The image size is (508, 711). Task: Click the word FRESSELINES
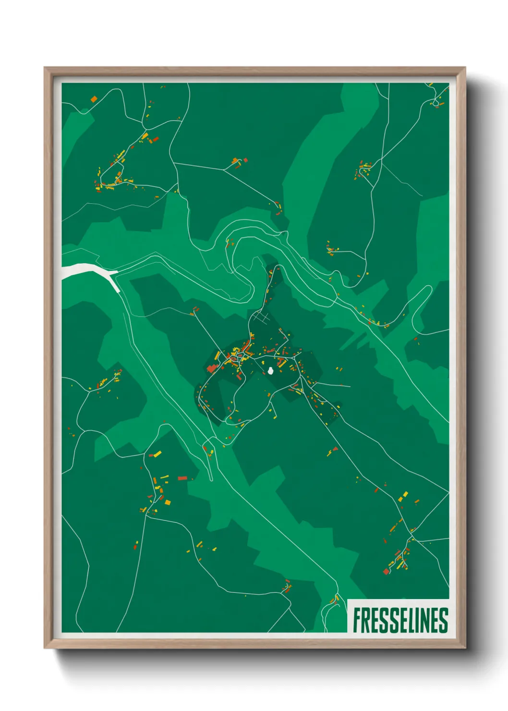400,620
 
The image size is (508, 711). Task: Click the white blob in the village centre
271,370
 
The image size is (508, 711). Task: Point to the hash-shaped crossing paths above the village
262,317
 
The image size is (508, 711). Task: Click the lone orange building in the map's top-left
94,99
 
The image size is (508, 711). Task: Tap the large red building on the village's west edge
211,368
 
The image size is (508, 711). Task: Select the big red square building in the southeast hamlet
386,571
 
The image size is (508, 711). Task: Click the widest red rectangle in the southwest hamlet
182,478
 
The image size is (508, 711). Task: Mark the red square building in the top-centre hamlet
245,159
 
